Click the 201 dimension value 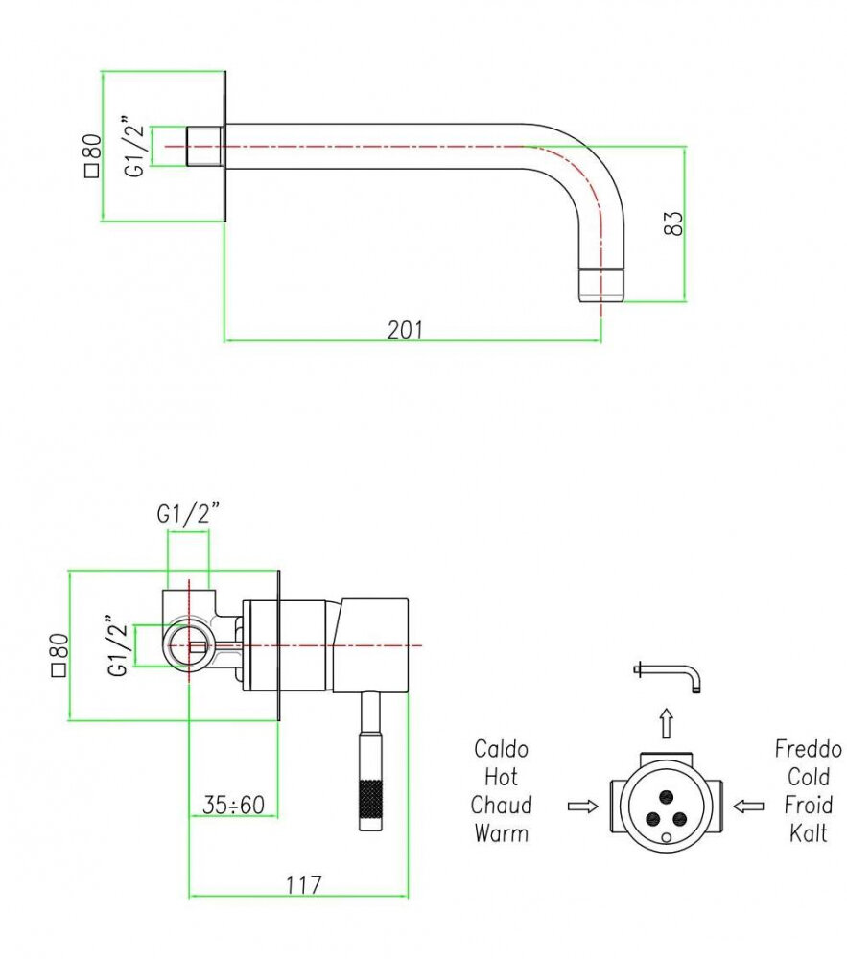pos(405,329)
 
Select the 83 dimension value pos(674,223)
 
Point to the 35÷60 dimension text pos(233,805)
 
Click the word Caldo pos(501,749)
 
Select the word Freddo pos(809,749)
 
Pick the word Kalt pos(809,832)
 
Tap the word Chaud pos(501,805)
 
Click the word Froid pos(809,805)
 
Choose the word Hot pos(501,777)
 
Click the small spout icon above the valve pos(671,675)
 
